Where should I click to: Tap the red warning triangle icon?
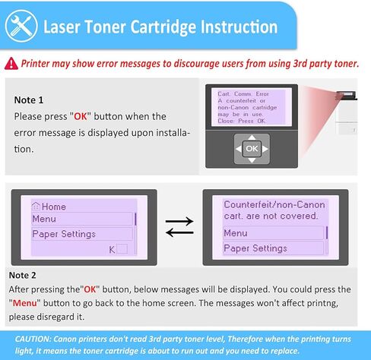(11, 64)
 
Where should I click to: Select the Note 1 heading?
(29, 100)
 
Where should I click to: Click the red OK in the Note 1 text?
(81, 116)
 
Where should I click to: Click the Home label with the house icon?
(50, 206)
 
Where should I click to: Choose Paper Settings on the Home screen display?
(64, 234)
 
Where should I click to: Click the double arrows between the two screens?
(179, 226)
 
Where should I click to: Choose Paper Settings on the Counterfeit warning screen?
(255, 248)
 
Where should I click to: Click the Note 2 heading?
(23, 274)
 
